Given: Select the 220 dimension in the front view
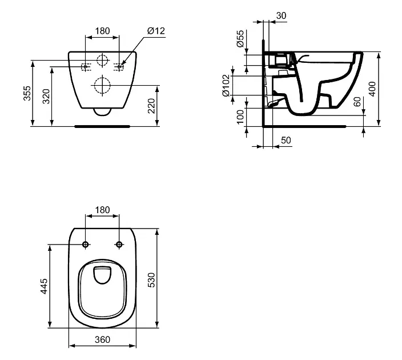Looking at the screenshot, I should click(151, 106).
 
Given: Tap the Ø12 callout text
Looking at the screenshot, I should click(155, 31).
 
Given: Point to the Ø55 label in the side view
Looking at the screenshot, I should click(240, 39).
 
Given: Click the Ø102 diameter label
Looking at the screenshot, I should click(226, 85).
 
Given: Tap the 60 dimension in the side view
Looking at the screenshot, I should click(357, 102).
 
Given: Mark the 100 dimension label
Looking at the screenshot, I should click(240, 117).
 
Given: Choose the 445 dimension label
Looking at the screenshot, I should click(43, 286).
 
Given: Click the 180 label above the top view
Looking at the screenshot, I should click(102, 210).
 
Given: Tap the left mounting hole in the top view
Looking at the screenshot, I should click(85, 245).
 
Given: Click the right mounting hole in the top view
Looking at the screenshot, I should click(119, 245).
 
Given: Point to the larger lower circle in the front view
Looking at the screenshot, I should click(102, 86).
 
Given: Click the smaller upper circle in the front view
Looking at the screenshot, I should click(102, 60).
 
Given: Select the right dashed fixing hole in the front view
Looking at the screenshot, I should click(120, 67).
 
